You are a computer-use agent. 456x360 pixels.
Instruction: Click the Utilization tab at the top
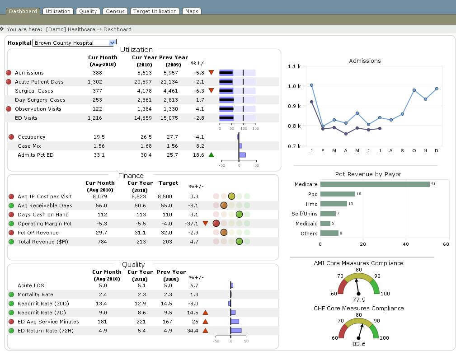(58, 11)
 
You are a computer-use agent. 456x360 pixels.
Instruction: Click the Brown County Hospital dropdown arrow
(113, 43)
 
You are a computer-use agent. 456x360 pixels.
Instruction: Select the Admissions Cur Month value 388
(97, 73)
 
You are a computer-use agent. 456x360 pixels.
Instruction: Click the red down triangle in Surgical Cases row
(211, 91)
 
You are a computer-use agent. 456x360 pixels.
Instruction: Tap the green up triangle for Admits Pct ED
(211, 155)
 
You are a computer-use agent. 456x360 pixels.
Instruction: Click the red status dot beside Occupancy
(11, 137)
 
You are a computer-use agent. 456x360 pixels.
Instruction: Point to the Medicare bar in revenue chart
(375, 184)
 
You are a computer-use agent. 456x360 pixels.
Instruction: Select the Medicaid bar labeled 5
(325, 223)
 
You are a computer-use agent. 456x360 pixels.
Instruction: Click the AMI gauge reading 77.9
(358, 299)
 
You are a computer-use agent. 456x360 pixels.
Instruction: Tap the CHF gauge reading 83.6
(358, 344)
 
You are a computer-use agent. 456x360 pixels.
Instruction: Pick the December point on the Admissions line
(437, 89)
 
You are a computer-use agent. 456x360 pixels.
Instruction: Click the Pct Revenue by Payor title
(368, 174)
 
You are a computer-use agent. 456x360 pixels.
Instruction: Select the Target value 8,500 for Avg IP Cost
(165, 196)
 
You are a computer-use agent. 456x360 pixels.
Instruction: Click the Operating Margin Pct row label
(44, 224)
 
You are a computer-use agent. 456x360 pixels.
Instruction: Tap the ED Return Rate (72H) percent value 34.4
(193, 331)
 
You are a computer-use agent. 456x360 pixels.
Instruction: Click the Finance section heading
(131, 176)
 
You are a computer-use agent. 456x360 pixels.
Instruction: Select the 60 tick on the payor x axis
(446, 244)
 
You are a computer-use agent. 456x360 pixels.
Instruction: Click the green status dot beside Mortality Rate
(11, 295)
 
